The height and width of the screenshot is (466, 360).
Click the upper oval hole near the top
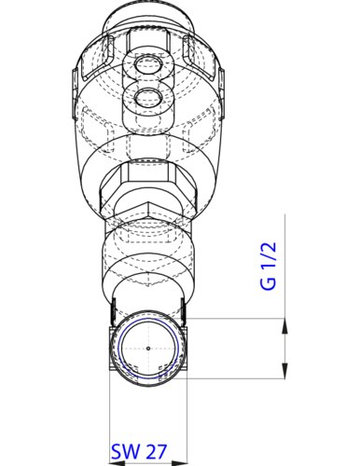pyautogui.click(x=147, y=66)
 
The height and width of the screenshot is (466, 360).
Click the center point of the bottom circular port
pyautogui.click(x=147, y=349)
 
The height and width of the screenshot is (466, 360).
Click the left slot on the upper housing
pyautogui.click(x=85, y=71)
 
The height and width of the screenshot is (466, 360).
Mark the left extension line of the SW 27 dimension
pyautogui.click(x=110, y=410)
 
